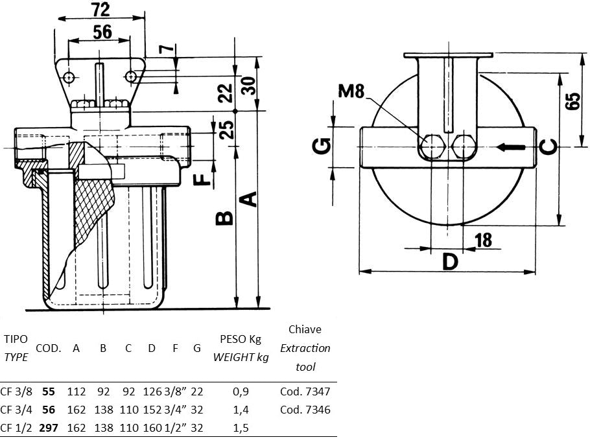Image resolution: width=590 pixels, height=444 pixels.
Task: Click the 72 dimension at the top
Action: [x=100, y=9]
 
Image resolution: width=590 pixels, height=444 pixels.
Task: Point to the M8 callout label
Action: [x=351, y=91]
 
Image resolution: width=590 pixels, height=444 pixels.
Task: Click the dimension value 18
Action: [x=483, y=240]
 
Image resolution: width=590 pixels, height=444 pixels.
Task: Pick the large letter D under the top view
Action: [x=451, y=262]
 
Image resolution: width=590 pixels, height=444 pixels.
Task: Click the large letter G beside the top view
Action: [x=322, y=146]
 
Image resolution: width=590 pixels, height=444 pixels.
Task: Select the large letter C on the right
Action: [x=549, y=147]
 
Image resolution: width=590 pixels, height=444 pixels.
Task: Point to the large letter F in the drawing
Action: [x=204, y=178]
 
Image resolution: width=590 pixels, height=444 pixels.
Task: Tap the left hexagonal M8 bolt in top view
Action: [x=431, y=147]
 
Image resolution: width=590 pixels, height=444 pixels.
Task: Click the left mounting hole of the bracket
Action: [x=69, y=77]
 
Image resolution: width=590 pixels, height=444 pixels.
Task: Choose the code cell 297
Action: [x=48, y=428]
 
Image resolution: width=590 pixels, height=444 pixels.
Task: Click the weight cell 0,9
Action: [x=240, y=391]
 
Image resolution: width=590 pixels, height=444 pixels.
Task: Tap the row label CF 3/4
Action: [x=18, y=410]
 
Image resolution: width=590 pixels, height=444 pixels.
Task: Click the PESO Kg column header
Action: [x=240, y=338]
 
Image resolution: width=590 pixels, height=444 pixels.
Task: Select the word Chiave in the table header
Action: [x=305, y=329]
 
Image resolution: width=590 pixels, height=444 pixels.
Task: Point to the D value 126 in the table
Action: [x=151, y=391]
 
